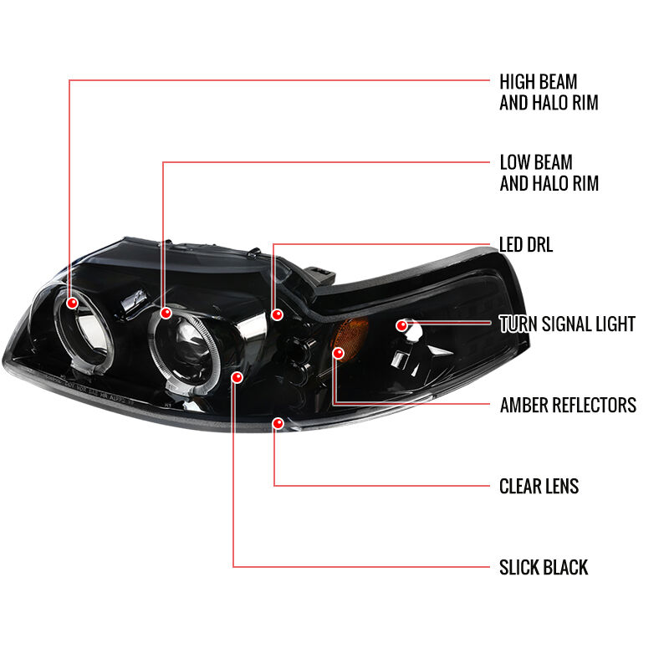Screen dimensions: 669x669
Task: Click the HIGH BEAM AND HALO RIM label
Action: tap(549, 92)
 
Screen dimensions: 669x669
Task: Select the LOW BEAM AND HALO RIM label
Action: tap(549, 173)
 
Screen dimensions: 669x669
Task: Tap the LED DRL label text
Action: tap(526, 245)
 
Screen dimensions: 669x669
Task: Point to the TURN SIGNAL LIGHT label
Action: tap(567, 324)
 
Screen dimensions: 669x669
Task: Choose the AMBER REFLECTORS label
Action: tap(568, 406)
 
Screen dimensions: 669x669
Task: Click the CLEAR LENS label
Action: tap(539, 487)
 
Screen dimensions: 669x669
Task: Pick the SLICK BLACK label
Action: tap(544, 568)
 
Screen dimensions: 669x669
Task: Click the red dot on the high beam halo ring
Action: tap(73, 303)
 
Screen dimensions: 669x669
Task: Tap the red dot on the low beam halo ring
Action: tap(166, 314)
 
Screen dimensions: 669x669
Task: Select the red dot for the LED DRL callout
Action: tap(278, 315)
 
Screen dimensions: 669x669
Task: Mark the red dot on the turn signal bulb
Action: tap(401, 326)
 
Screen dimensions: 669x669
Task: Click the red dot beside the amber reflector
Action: tap(339, 353)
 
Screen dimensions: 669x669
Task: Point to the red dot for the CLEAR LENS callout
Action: tap(278, 423)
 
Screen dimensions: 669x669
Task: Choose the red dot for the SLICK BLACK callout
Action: tap(237, 377)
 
